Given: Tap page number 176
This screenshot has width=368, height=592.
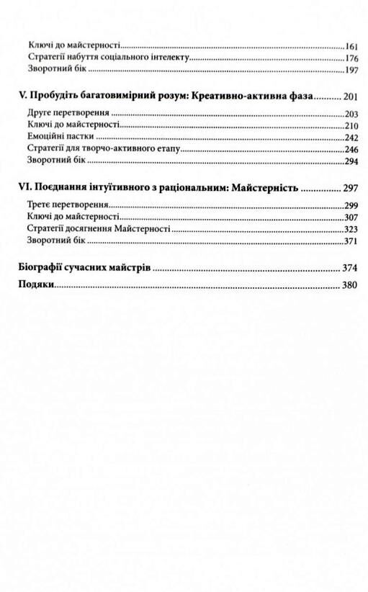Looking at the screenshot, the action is [351, 58].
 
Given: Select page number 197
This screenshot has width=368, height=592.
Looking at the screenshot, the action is [351, 71].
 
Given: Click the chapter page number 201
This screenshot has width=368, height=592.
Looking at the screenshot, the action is [351, 97].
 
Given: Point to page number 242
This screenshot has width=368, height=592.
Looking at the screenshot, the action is [351, 137].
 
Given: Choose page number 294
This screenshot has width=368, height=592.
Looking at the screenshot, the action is [351, 163].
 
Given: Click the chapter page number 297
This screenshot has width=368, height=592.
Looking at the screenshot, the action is [351, 189].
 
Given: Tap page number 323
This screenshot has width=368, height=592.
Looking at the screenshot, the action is [351, 228].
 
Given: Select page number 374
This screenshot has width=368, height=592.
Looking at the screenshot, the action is [350, 269].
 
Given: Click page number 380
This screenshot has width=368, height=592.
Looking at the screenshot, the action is [350, 286].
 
